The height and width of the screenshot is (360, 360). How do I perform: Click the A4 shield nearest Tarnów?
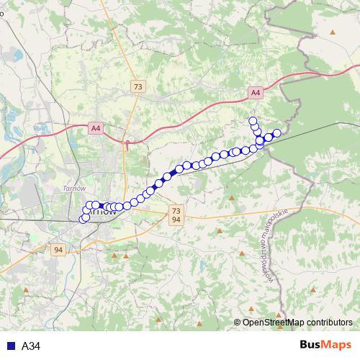pyautogui.click(x=96, y=128)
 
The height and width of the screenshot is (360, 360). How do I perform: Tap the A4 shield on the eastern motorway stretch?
pyautogui.click(x=256, y=92)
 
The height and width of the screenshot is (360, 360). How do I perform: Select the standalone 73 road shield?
pyautogui.click(x=138, y=86)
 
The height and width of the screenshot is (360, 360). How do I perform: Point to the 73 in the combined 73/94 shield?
pyautogui.click(x=176, y=210)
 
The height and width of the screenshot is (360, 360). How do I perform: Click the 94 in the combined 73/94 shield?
pyautogui.click(x=176, y=219)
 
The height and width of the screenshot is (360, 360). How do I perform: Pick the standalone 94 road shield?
pyautogui.click(x=59, y=250)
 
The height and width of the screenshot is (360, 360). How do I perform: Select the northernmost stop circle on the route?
pyautogui.click(x=253, y=120)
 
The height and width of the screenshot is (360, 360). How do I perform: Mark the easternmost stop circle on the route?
pyautogui.click(x=276, y=132)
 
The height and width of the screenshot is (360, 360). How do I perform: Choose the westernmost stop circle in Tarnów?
pyautogui.click(x=83, y=218)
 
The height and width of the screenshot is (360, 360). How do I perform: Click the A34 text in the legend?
pyautogui.click(x=32, y=346)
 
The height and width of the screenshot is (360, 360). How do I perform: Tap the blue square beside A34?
pyautogui.click(x=9, y=346)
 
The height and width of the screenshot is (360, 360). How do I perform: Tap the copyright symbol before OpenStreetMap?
pyautogui.click(x=238, y=323)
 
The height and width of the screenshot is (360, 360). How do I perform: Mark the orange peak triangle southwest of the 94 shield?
pyautogui.click(x=27, y=290)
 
